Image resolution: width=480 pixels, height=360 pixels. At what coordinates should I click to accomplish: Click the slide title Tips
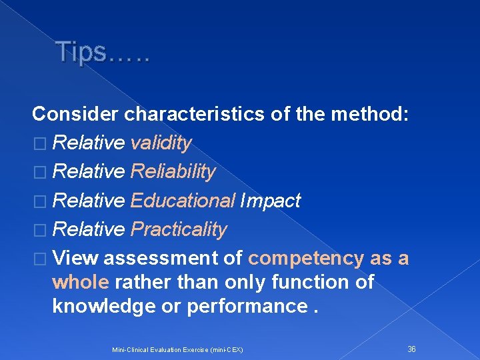click(103, 51)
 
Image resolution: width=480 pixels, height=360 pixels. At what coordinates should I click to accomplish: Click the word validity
click(161, 143)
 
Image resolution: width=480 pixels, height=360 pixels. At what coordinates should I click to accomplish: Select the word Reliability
click(173, 172)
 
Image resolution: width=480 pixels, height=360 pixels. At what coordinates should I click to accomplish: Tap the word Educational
click(183, 201)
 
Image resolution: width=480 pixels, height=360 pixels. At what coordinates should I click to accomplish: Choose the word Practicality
click(179, 229)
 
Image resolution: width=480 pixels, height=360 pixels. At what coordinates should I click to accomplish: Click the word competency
click(306, 258)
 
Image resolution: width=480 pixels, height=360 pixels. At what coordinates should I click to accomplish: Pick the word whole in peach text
click(80, 282)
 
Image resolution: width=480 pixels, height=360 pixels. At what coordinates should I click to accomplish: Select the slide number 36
click(411, 349)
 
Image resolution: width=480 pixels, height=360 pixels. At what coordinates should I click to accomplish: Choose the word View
click(75, 258)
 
